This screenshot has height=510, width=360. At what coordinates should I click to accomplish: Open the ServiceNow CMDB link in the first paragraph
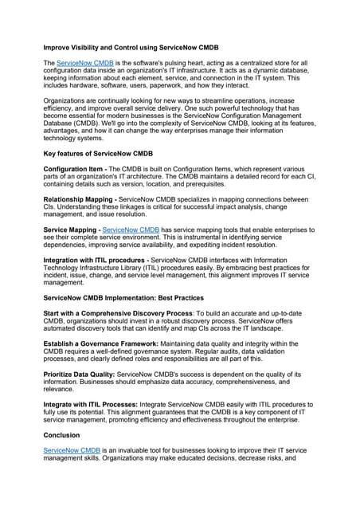[x=85, y=63]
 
